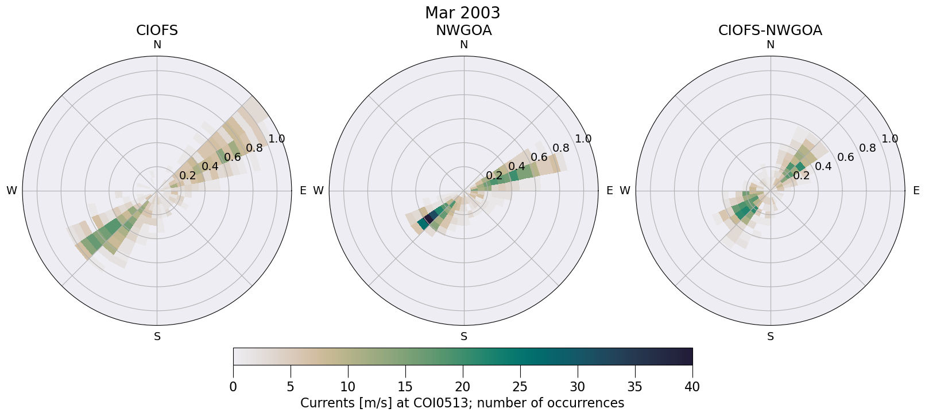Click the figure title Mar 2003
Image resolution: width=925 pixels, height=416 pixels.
462,13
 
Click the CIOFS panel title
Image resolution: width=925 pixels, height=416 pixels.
157,30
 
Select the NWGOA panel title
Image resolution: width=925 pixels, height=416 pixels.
463,30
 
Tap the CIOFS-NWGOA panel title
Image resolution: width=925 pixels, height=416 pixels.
770,30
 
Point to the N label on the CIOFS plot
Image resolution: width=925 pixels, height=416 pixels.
157,45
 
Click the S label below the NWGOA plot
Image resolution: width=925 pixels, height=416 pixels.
464,337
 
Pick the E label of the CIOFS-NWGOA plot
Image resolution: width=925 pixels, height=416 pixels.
916,191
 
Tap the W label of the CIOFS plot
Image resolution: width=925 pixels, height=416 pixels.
11,191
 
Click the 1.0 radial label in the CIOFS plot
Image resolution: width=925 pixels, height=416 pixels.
277,138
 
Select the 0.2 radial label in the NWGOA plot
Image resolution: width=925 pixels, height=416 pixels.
494,175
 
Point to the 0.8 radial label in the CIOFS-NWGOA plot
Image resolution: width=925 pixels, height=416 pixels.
868,148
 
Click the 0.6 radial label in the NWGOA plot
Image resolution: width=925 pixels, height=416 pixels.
539,157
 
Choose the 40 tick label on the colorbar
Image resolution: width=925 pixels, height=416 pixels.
692,387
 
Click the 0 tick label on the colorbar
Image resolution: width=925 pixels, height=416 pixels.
233,387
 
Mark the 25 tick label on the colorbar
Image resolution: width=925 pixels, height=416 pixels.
520,387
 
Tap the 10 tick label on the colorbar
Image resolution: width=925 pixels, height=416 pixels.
348,387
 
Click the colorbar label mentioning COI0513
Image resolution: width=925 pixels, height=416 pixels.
462,403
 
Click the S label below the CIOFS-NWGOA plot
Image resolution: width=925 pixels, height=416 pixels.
771,337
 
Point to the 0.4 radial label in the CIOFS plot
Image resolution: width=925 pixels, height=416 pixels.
210,166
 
